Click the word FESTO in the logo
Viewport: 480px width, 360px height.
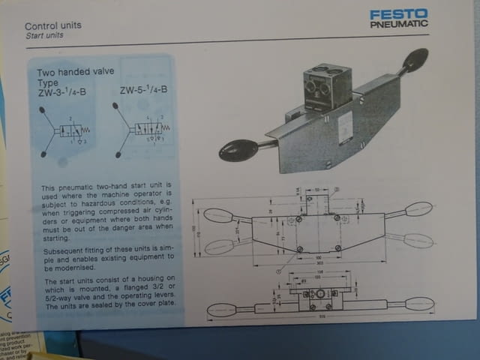pos(398,14)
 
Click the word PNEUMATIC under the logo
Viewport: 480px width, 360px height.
pos(398,24)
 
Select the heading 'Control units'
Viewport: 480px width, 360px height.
pos(53,25)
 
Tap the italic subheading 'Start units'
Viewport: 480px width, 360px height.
pos(44,35)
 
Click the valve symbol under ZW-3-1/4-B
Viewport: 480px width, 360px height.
pos(66,131)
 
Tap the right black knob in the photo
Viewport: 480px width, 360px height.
pos(415,58)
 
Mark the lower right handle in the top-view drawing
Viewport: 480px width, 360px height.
pos(418,241)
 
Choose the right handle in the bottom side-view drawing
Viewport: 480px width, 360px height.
pos(418,304)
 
